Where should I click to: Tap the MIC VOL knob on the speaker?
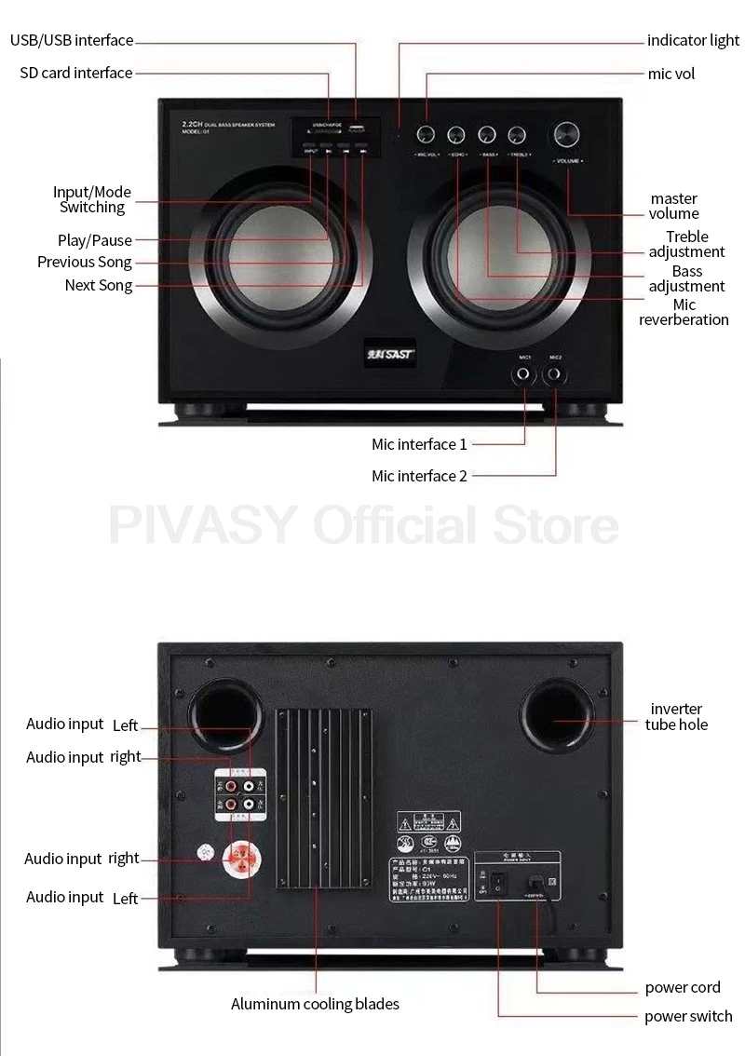pyautogui.click(x=427, y=134)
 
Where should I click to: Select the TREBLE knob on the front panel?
pyautogui.click(x=518, y=134)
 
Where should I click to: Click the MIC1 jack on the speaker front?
pyautogui.click(x=524, y=375)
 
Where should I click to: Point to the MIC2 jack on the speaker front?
pyautogui.click(x=556, y=375)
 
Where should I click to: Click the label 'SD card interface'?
pyautogui.click(x=76, y=73)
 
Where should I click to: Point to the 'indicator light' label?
pyautogui.click(x=694, y=41)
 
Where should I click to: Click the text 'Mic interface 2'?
pyautogui.click(x=419, y=476)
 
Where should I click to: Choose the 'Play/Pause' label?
pyautogui.click(x=95, y=240)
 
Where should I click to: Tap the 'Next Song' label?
pyautogui.click(x=99, y=285)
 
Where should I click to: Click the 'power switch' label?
pyautogui.click(x=688, y=1016)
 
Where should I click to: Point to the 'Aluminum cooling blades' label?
pyautogui.click(x=315, y=1004)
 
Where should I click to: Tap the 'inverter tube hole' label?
pyautogui.click(x=677, y=717)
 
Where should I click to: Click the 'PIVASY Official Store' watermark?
pyautogui.click(x=364, y=524)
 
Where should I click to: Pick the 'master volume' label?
pyautogui.click(x=674, y=206)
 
